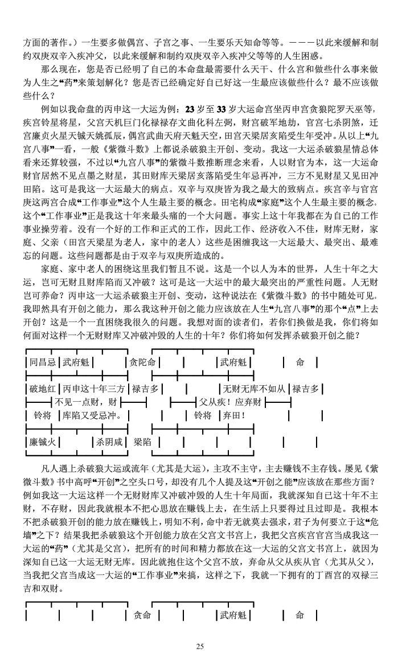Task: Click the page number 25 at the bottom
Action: click(200, 646)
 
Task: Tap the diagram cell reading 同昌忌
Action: click(43, 362)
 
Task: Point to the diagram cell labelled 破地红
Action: click(43, 389)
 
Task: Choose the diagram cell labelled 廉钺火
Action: click(43, 442)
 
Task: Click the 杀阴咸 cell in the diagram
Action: click(110, 442)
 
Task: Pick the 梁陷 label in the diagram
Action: click(142, 442)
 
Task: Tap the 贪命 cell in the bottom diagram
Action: click(142, 615)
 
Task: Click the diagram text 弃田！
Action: click(233, 415)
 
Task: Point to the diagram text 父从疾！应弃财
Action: click(230, 402)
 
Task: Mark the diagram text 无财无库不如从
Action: click(254, 389)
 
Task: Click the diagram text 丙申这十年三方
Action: click(94, 389)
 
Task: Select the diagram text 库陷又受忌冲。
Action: click(93, 415)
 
